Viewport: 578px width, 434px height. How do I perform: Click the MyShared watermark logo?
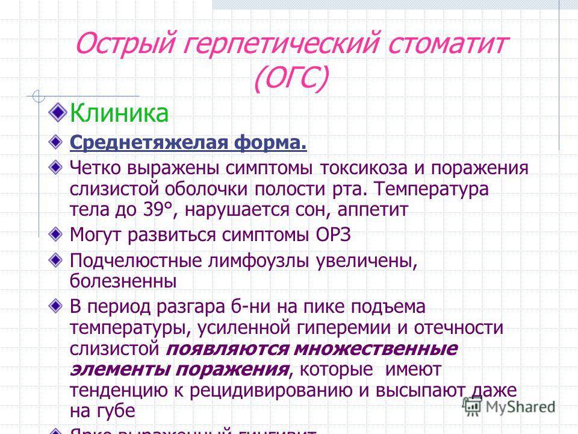pyautogui.click(x=509, y=406)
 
